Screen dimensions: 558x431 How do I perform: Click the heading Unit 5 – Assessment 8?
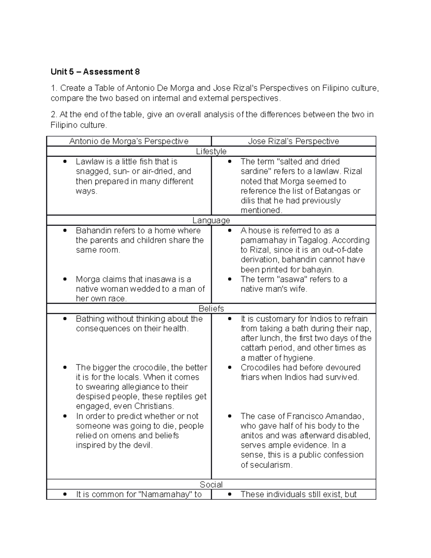(x=95, y=72)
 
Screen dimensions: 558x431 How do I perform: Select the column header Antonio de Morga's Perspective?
(x=129, y=141)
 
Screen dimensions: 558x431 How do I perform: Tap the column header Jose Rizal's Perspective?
(x=293, y=141)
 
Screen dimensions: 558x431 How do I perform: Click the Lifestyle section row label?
(x=211, y=151)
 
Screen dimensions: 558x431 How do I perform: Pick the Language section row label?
(x=211, y=220)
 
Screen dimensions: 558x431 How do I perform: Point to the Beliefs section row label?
(x=211, y=309)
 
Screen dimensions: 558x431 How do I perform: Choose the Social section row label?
(x=211, y=484)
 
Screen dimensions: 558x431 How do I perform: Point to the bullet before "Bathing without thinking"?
(x=65, y=319)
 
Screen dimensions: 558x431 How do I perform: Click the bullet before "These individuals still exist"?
(x=230, y=494)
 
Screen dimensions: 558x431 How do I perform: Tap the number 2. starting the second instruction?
(x=54, y=115)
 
